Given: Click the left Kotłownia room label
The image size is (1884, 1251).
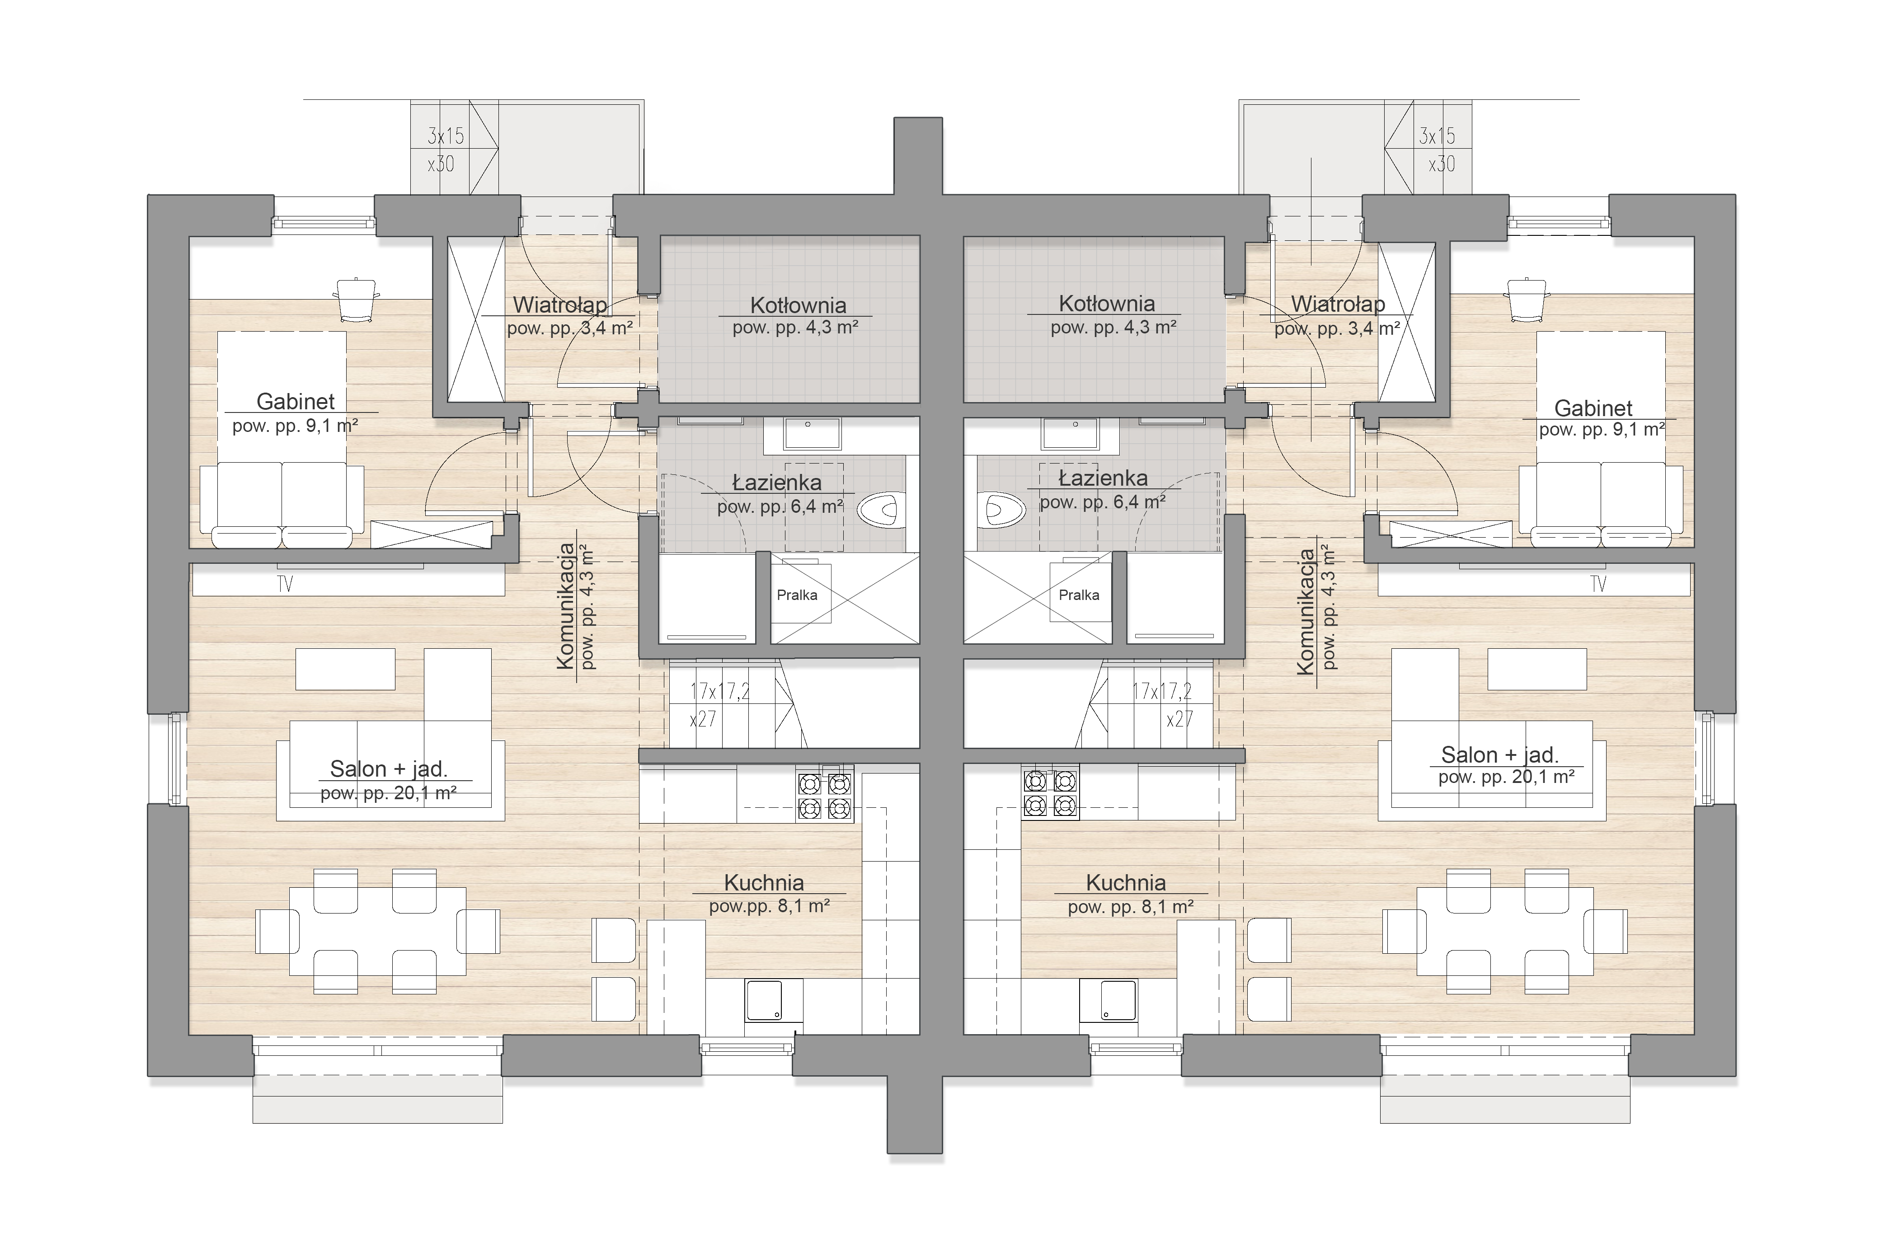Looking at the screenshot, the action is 798,305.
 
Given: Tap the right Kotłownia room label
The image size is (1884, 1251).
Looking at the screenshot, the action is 1107,304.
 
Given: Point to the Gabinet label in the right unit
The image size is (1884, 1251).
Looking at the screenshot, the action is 1593,408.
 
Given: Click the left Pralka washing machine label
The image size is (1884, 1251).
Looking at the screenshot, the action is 797,595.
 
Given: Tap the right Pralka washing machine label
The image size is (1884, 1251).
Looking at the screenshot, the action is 1079,595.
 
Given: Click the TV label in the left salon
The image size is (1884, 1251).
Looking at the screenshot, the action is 285,585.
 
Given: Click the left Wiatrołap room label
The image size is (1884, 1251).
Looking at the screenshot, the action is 559,305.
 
